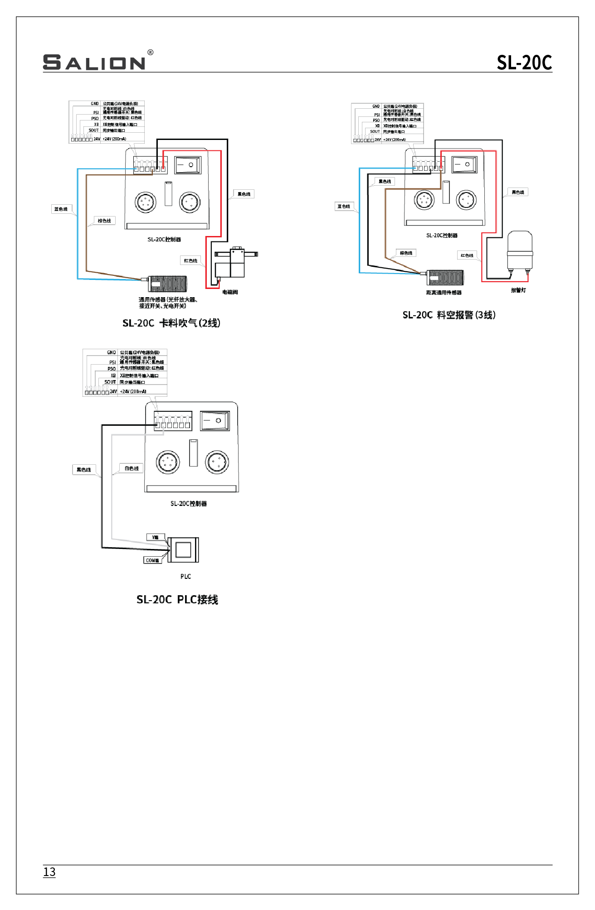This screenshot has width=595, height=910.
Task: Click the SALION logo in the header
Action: pos(94,62)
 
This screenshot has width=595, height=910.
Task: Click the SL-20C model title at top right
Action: pos(524,63)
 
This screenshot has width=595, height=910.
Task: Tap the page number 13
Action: pos(49,871)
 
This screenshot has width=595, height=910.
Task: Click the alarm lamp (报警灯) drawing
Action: pos(519,251)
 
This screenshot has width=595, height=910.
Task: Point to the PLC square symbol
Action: pos(183,549)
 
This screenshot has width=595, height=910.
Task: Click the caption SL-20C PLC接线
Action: pos(177,599)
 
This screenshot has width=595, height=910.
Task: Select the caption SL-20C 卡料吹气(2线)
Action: pos(171,323)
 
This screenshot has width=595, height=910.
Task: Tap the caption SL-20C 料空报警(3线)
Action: pos(449,315)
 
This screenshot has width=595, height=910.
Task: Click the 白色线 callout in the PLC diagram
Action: pos(132,468)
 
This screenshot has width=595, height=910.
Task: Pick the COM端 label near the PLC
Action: pos(152,560)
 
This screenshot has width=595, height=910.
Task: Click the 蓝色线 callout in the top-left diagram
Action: pos(61,209)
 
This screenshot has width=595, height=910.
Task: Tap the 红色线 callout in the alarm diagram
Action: pos(467,255)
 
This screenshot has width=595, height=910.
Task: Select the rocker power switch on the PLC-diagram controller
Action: pos(215,420)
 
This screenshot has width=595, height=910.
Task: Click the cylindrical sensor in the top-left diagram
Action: pos(167,284)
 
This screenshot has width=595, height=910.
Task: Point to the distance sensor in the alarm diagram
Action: pos(445,277)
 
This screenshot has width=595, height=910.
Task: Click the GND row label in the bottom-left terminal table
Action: pos(111,352)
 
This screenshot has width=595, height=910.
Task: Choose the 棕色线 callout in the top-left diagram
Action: pos(104,221)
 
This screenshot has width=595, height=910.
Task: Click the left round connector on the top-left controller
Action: pos(146,202)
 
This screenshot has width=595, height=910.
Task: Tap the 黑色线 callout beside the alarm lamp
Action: pos(517,192)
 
